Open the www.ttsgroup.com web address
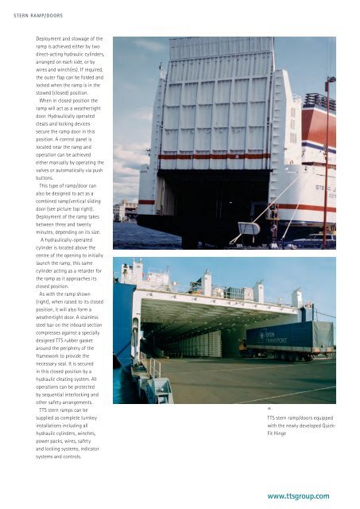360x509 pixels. coord(298,495)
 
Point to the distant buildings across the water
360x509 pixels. coord(126,210)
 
